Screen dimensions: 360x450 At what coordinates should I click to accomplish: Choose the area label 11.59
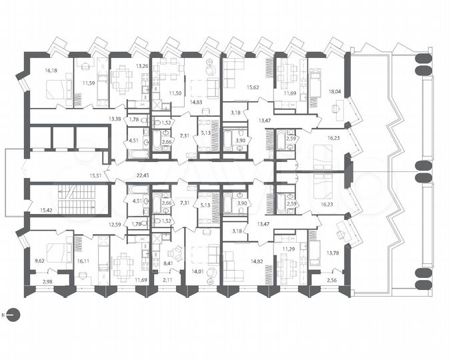(88, 83)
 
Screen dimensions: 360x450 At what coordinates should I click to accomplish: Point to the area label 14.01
(198, 271)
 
